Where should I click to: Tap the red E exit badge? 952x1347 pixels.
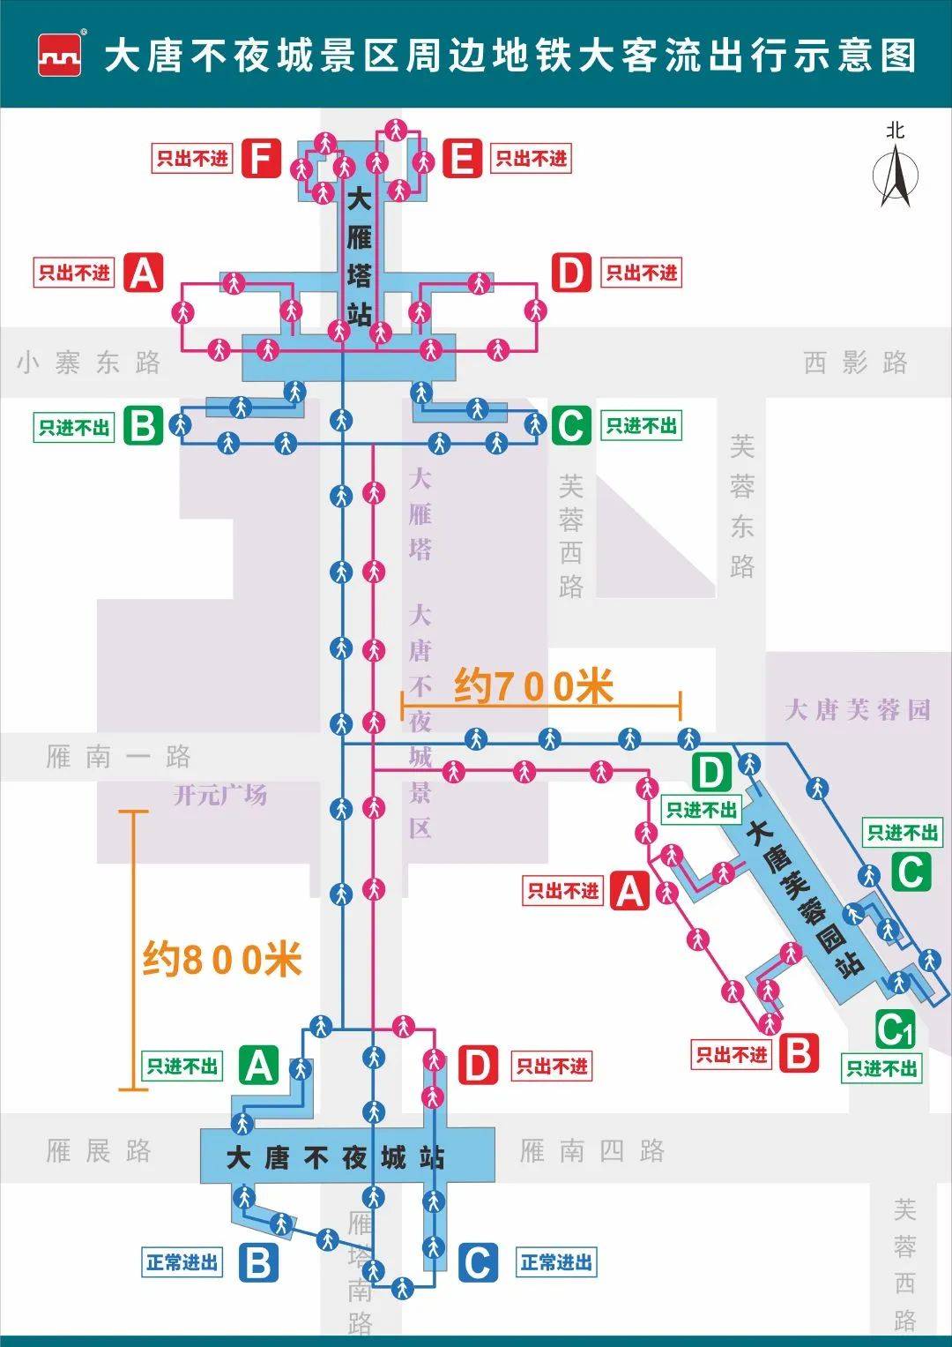462,159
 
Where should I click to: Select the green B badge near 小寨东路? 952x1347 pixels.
143,426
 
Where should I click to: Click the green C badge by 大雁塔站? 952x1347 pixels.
571,426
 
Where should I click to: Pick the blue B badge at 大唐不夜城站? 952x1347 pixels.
257,1262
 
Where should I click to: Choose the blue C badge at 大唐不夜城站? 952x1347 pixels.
477,1262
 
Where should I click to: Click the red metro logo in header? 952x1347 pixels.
60,56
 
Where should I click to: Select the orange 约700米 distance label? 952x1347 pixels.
533,685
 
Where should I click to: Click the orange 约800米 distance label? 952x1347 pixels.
222,959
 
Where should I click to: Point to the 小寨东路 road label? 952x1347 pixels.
88,363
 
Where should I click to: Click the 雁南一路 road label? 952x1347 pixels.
118,756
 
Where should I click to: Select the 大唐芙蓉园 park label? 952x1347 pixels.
857,709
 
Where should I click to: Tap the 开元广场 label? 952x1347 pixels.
220,795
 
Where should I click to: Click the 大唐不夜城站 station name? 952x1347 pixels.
335,1156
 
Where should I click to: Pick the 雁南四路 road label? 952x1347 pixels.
591,1150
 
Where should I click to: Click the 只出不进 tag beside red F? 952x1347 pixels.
191,159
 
